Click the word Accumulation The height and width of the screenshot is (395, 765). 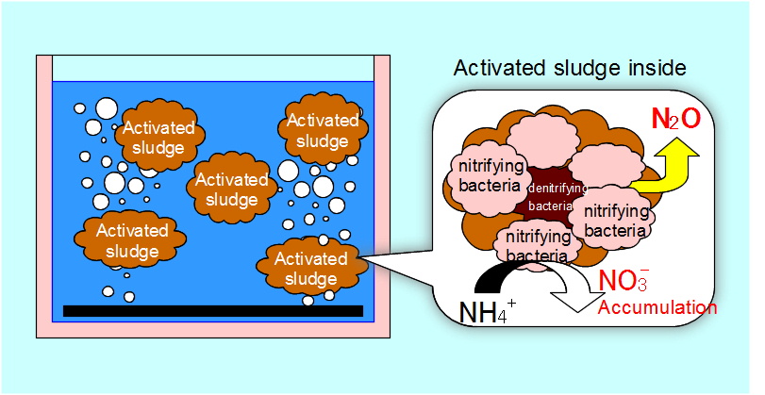point(657,307)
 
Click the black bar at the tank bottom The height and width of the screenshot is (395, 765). point(213,310)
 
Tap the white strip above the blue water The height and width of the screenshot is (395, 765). point(213,68)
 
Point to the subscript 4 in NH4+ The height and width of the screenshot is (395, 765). point(505,317)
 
